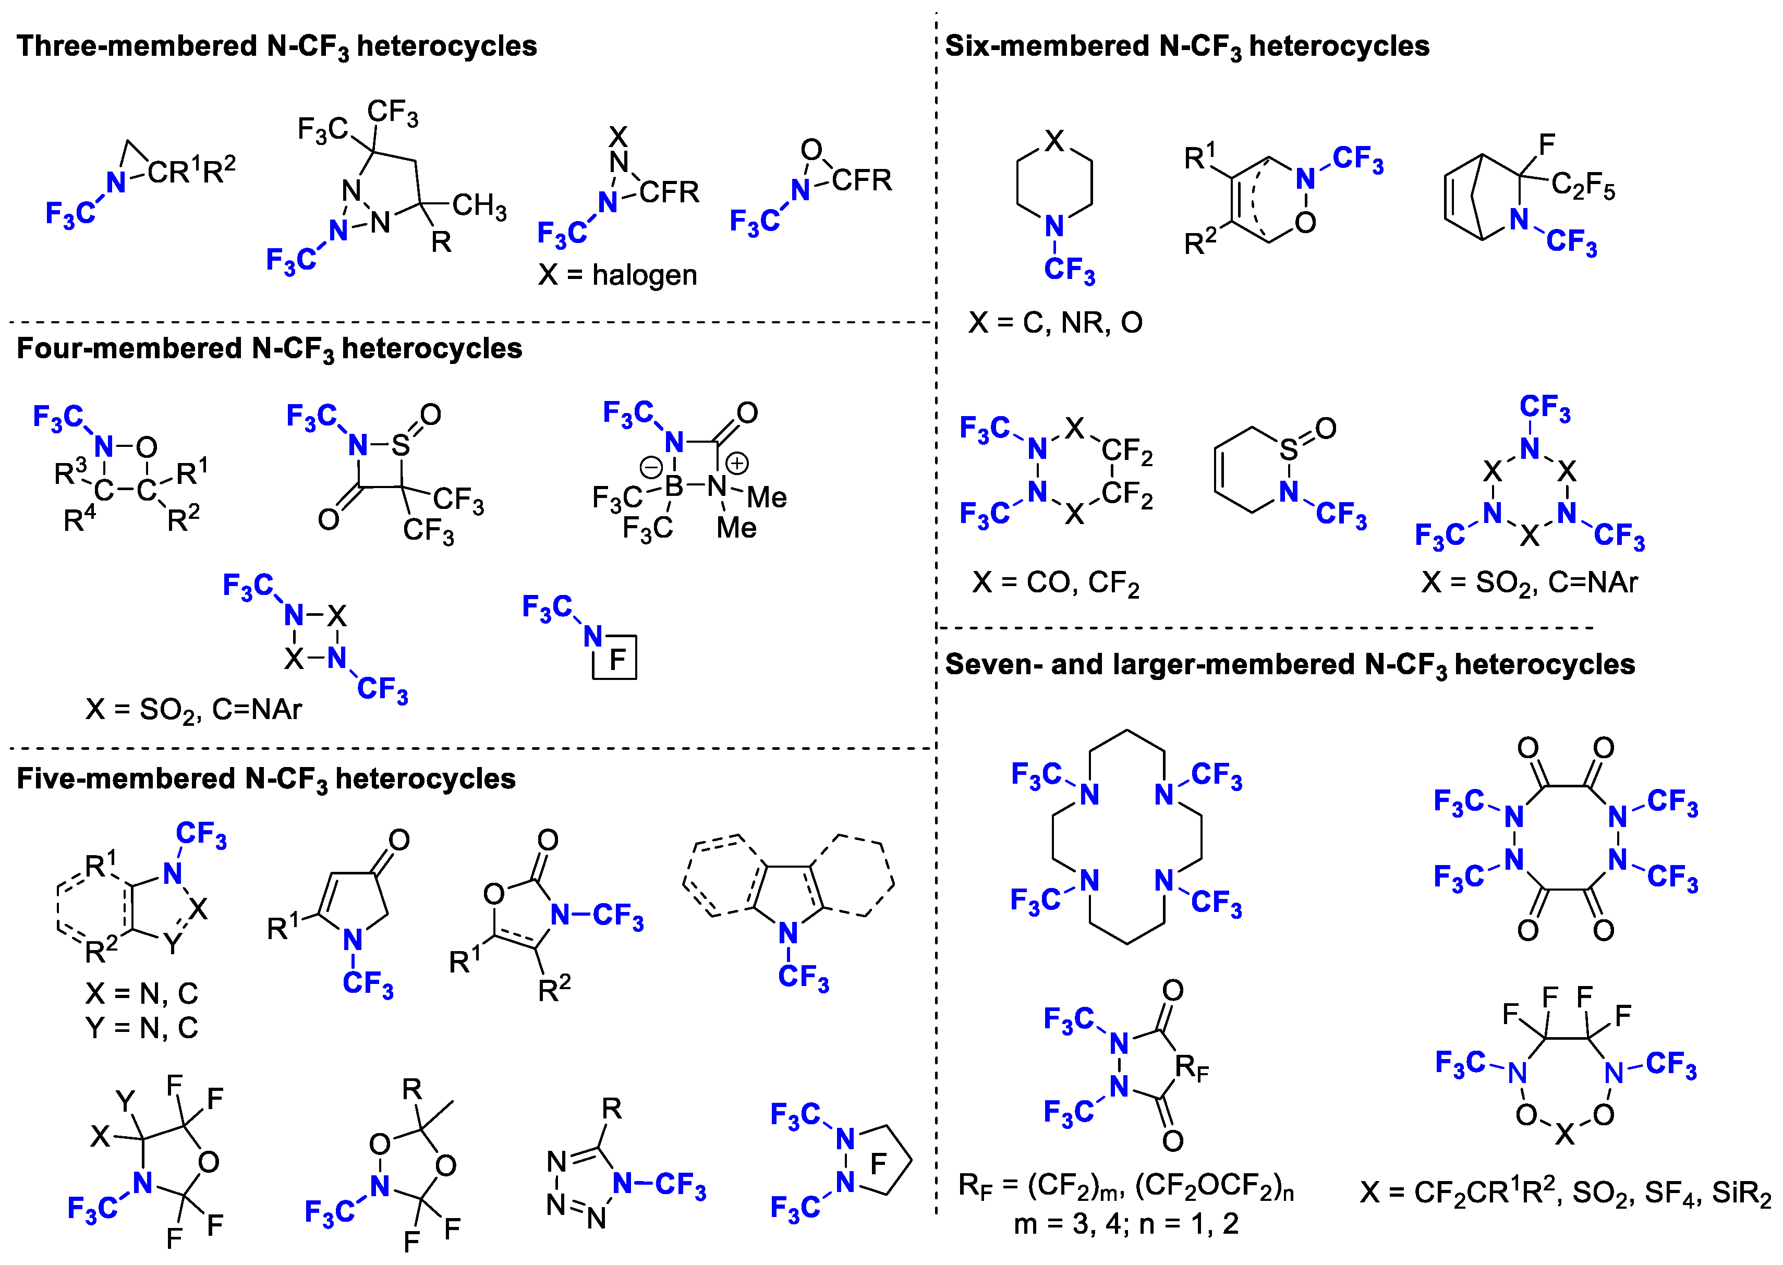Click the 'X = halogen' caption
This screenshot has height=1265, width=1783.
(x=617, y=275)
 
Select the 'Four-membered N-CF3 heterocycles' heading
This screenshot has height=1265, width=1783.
(x=269, y=349)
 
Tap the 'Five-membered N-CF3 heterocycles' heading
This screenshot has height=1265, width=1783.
(x=265, y=779)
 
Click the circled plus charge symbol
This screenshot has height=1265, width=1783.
(x=737, y=464)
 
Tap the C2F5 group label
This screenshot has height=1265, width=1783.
(x=1582, y=186)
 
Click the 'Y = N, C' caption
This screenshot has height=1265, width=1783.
(x=142, y=1028)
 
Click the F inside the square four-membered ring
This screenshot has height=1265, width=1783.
(x=617, y=660)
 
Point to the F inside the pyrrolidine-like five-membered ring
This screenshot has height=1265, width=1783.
(x=878, y=1164)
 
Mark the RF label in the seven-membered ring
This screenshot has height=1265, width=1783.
(x=1192, y=1067)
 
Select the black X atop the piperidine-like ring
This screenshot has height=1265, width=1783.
(x=1054, y=141)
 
